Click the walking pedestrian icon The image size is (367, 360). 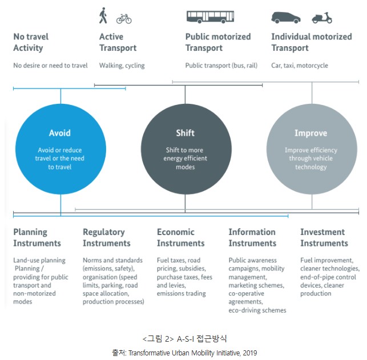[x=103, y=15]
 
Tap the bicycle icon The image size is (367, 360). [x=124, y=19]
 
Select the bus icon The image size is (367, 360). [x=210, y=17]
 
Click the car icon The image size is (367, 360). [x=286, y=18]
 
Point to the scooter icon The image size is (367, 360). [x=322, y=18]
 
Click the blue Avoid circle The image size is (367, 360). [x=61, y=149]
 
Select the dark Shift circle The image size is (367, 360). [x=186, y=149]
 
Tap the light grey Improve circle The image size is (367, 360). [x=312, y=149]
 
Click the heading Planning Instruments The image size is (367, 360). [x=37, y=237]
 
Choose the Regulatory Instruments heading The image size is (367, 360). [x=107, y=237]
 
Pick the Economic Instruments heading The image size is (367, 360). [x=181, y=237]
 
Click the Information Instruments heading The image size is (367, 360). [x=252, y=237]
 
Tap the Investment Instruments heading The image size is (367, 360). [x=324, y=237]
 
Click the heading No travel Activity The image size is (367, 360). [x=31, y=42]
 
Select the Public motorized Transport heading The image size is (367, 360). [x=218, y=42]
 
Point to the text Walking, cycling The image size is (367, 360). [x=122, y=66]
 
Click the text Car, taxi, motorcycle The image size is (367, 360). [x=300, y=66]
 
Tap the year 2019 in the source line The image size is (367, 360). [x=250, y=353]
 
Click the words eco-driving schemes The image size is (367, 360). [x=257, y=310]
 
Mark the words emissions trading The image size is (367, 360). [x=182, y=294]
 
